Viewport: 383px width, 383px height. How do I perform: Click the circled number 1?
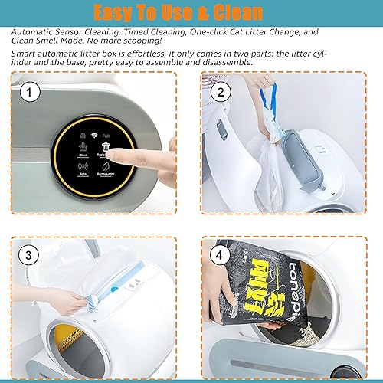tap(30, 93)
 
